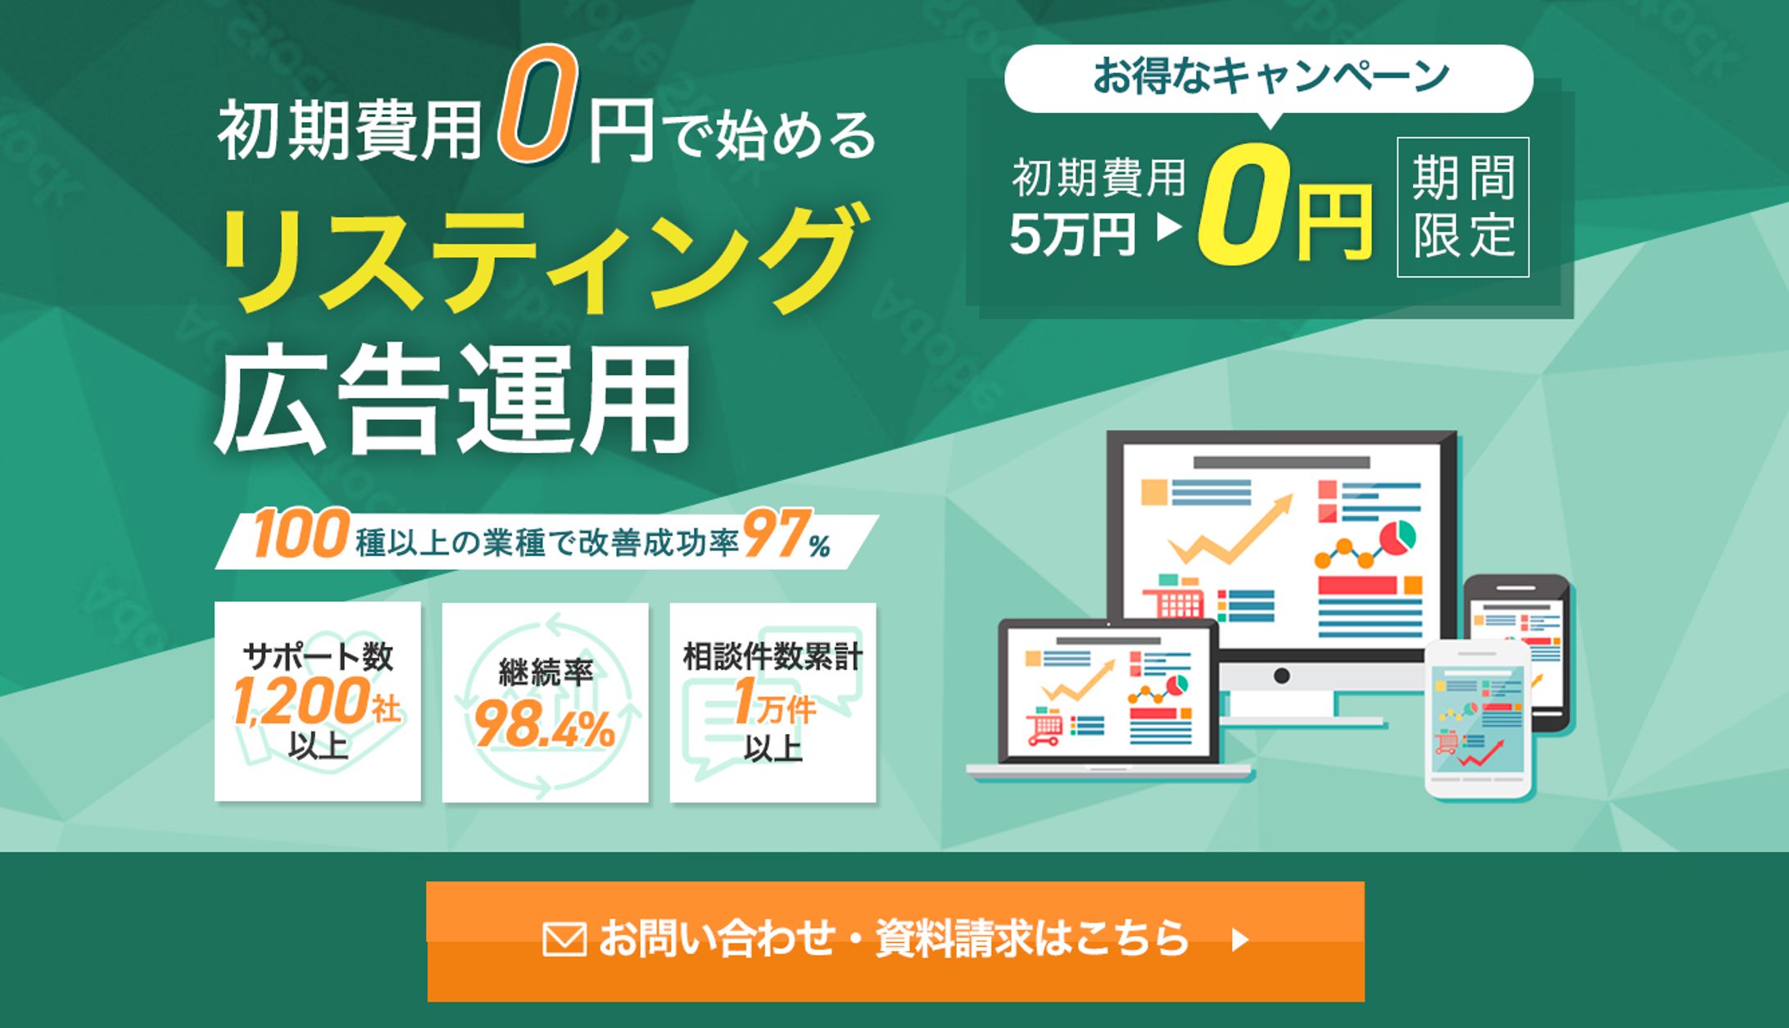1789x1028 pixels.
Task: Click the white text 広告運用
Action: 452,399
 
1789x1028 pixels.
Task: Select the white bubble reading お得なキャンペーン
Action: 1269,79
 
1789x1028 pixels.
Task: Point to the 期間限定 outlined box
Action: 1463,207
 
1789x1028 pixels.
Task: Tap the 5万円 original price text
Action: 1073,234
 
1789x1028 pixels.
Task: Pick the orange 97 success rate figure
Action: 776,534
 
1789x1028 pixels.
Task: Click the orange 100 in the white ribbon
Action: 301,534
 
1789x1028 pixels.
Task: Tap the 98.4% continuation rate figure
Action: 545,726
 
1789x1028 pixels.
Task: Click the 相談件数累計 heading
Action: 772,657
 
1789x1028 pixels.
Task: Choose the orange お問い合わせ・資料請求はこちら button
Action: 895,941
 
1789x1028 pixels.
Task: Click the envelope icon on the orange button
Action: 564,940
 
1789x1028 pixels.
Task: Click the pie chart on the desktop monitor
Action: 1397,537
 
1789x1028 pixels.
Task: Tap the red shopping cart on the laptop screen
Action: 1044,728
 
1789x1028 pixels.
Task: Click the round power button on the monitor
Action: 1282,676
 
